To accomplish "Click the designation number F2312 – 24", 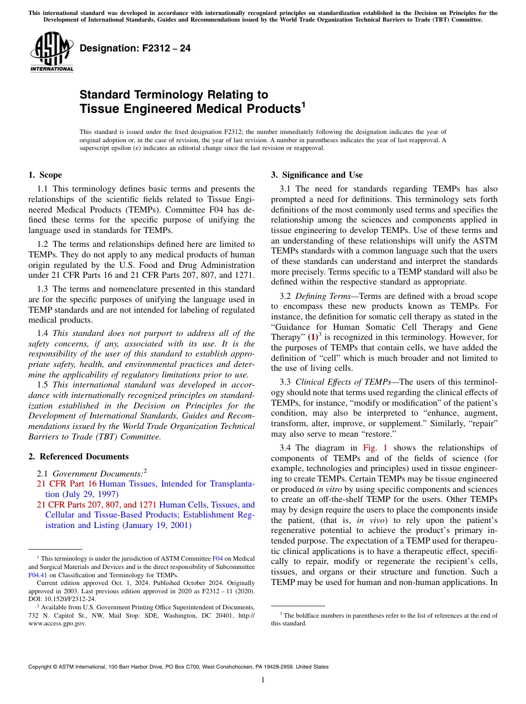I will [135, 49].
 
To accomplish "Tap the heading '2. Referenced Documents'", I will [78, 457].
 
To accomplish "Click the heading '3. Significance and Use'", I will [317, 175].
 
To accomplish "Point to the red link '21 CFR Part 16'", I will [66, 484].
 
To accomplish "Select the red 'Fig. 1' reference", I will [375, 448].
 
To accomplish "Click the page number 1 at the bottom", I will [263, 680].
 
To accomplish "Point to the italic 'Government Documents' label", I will [97, 474].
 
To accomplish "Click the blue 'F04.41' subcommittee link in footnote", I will [37, 575].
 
